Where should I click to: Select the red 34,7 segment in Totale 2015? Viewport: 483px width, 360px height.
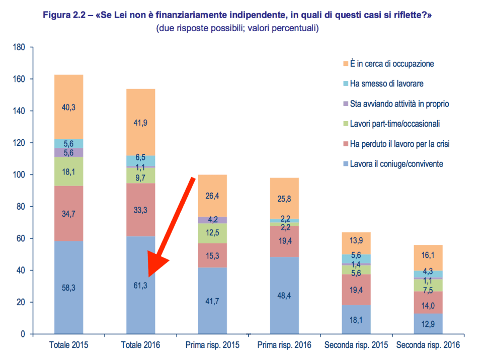pyautogui.click(x=68, y=214)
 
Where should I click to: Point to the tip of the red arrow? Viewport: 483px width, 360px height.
pyautogui.click(x=149, y=278)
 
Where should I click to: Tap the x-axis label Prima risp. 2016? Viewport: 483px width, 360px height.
pyautogui.click(x=284, y=345)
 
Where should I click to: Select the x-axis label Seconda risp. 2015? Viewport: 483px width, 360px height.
pyautogui.click(x=356, y=345)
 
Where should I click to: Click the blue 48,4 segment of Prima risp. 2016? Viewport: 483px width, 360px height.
pyautogui.click(x=284, y=295)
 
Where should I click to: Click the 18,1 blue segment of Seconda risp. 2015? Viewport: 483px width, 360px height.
pyautogui.click(x=356, y=319)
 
